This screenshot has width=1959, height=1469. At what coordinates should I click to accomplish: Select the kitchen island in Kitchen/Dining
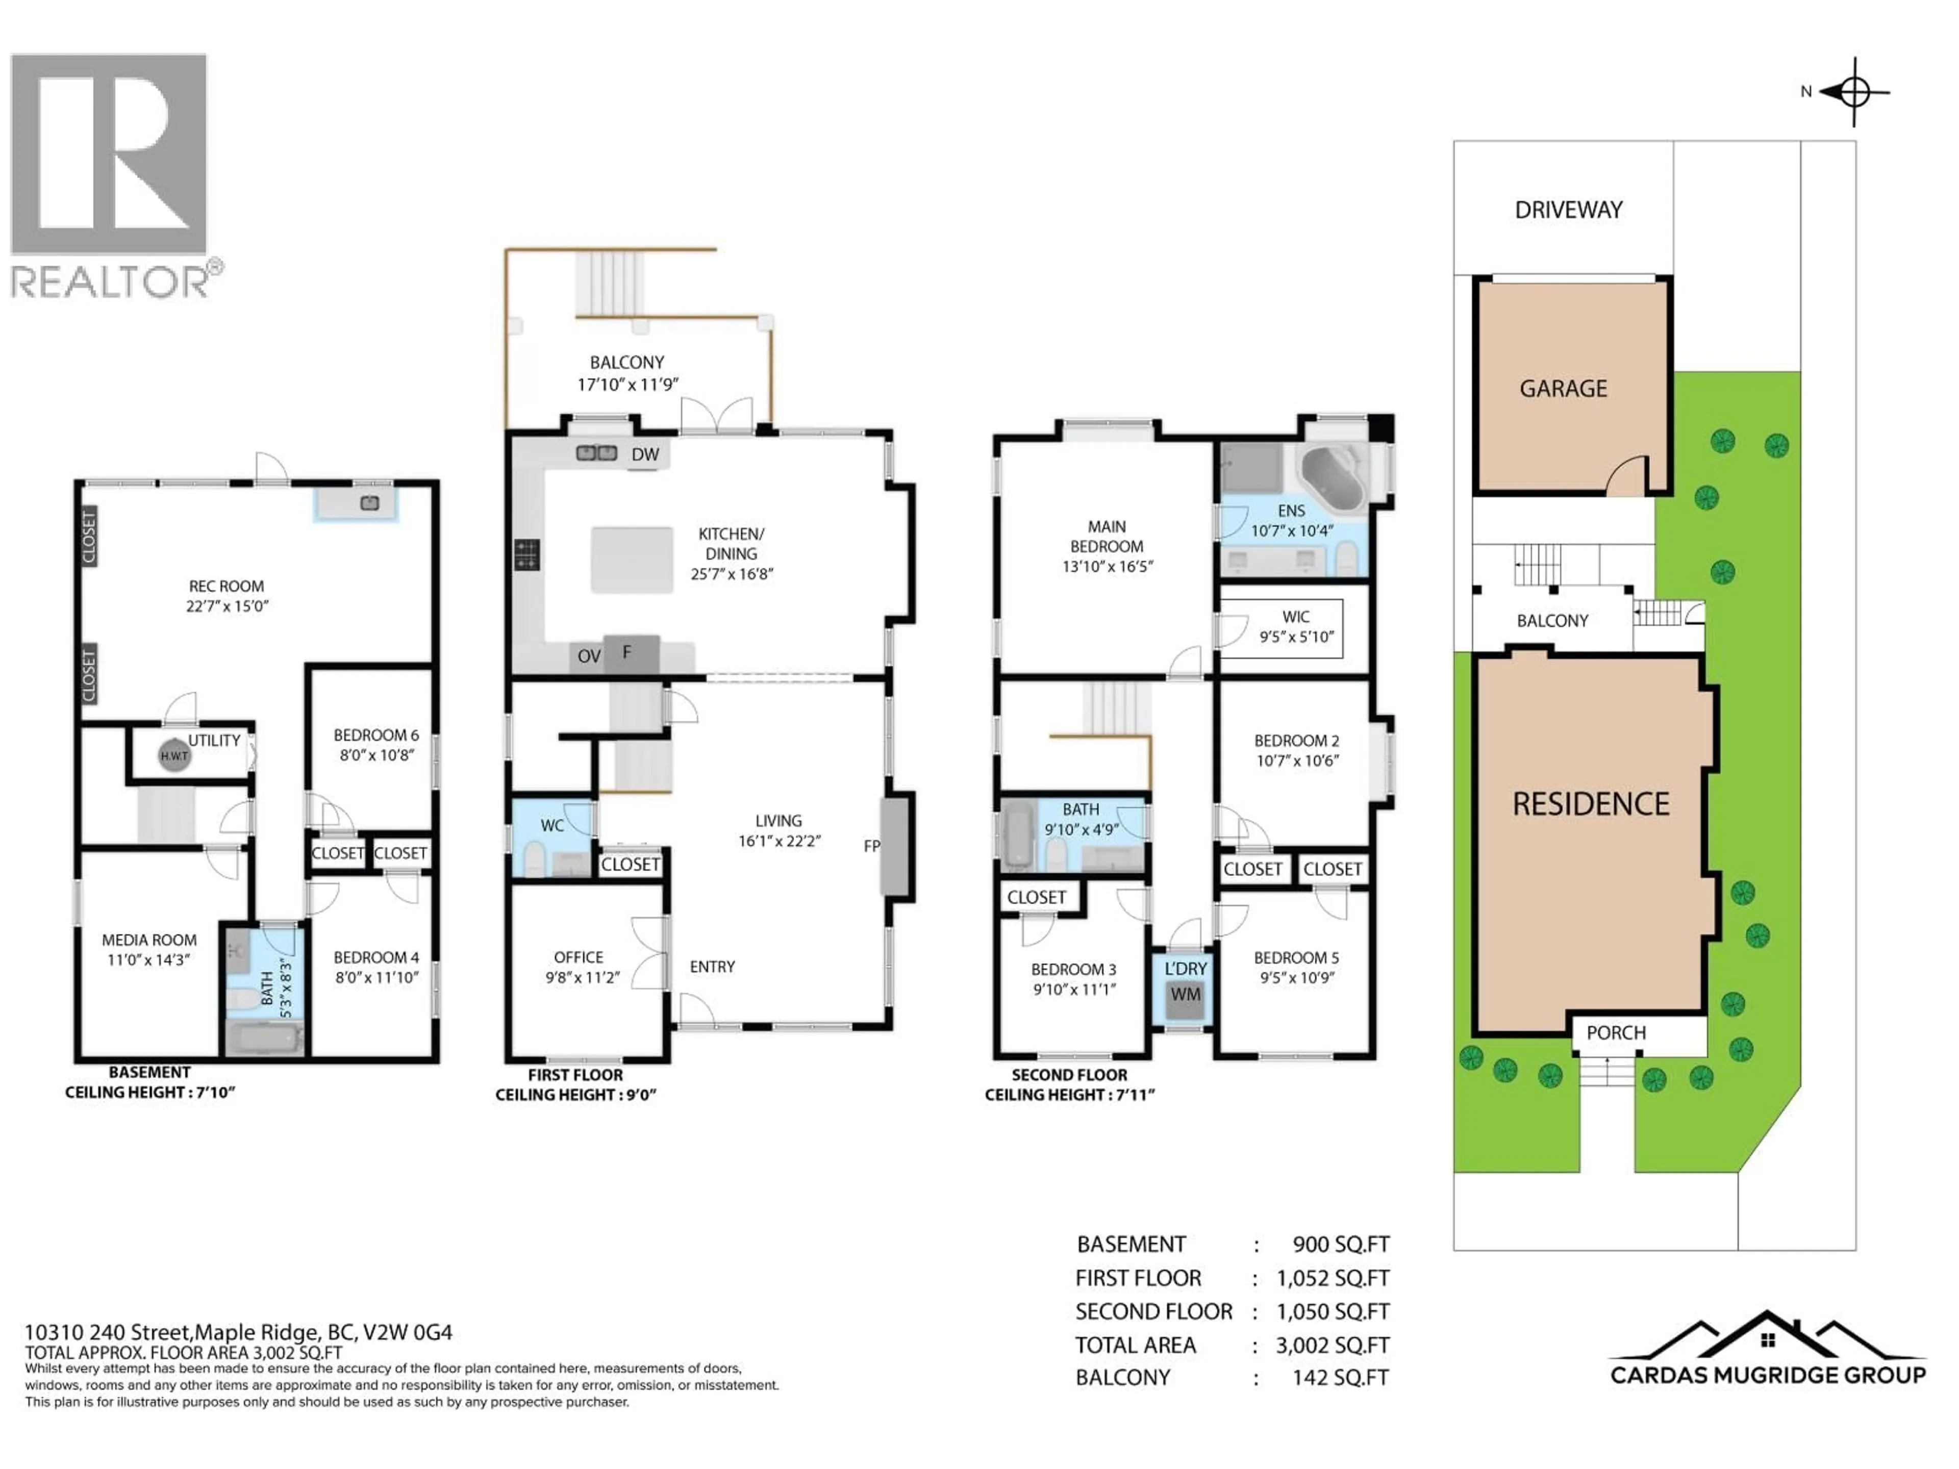click(632, 560)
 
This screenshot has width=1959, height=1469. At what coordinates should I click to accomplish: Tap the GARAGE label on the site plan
click(1563, 389)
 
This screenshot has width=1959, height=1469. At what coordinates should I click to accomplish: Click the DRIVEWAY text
click(1568, 210)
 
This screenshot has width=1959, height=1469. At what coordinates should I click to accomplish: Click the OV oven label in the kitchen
click(589, 656)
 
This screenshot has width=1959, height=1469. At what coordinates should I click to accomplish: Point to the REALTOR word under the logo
click(109, 283)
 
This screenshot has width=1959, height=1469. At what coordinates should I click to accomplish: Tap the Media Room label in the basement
click(149, 949)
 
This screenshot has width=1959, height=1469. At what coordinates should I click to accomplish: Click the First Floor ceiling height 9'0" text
click(575, 1095)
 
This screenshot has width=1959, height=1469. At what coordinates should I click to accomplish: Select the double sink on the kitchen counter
click(597, 453)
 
